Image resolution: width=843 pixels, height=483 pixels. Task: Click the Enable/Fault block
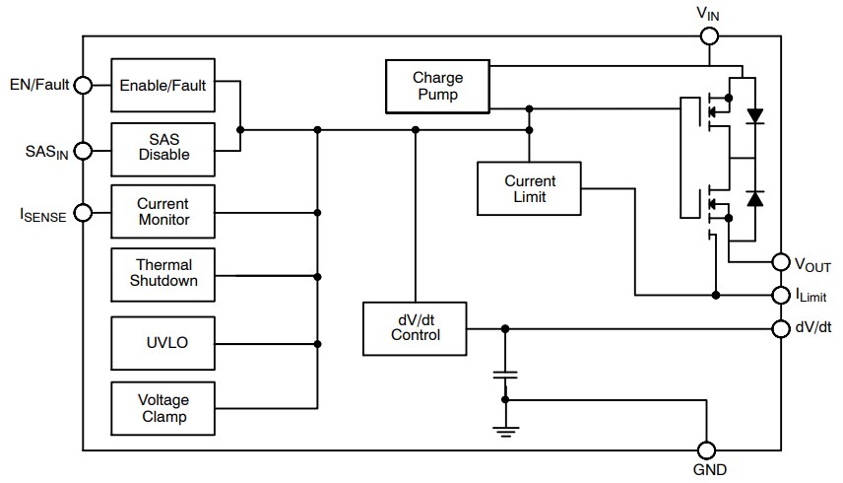tap(162, 85)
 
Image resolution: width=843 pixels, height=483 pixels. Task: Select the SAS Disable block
tap(162, 147)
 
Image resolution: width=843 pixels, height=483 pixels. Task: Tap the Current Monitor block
tap(162, 212)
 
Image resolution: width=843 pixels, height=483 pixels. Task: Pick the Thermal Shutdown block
tap(162, 273)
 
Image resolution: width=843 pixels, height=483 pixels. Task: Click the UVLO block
tap(162, 344)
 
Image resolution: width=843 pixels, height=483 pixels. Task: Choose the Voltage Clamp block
tap(162, 408)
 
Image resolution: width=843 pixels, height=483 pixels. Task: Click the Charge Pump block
tap(437, 86)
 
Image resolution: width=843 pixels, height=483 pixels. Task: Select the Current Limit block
tap(529, 188)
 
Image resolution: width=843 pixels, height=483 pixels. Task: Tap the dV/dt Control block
tap(415, 327)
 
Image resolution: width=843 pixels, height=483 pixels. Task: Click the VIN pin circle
tap(709, 36)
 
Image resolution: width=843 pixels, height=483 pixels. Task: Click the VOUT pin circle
tap(780, 262)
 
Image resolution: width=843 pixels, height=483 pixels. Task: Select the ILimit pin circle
tap(780, 295)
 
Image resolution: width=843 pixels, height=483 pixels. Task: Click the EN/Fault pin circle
tap(83, 85)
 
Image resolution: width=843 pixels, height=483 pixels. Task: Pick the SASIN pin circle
tap(83, 151)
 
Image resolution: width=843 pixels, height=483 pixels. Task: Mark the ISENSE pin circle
tap(83, 212)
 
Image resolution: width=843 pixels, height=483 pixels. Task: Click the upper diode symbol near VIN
tap(755, 115)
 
